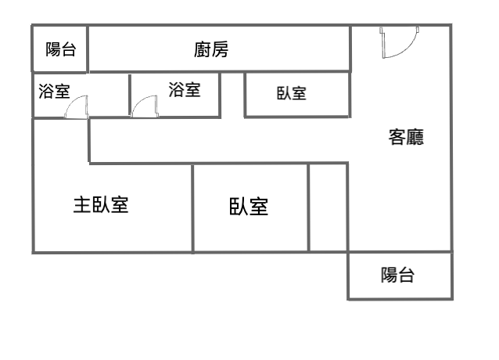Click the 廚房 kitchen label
point(211,49)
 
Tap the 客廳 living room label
point(406,137)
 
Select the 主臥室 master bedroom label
point(101,205)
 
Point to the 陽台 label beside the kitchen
point(60,49)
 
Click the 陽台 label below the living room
point(397,275)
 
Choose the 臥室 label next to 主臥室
point(249,207)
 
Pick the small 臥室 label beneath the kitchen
point(292,93)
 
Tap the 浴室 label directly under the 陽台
point(54,91)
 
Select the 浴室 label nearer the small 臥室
point(185,89)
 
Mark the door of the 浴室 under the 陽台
point(77,107)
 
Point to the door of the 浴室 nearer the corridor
point(145,106)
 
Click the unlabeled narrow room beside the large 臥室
point(328,207)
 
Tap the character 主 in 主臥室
point(82,205)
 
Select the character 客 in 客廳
point(397,137)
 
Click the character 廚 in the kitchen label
point(203,49)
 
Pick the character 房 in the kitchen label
point(220,49)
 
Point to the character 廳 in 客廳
point(415,137)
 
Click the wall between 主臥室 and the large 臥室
point(192,208)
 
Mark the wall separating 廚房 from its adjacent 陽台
point(87,49)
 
